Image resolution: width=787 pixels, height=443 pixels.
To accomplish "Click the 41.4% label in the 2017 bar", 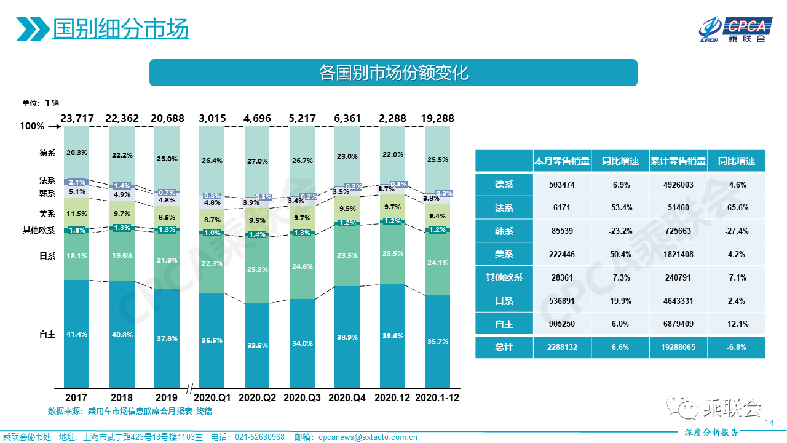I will [77, 335].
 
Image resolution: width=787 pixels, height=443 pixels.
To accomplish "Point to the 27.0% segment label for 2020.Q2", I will [257, 161].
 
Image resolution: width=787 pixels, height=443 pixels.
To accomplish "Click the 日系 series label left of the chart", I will [47, 256].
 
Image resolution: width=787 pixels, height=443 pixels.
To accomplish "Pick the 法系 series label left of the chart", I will [47, 181].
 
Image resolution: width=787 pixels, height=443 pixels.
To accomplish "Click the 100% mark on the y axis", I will [32, 126].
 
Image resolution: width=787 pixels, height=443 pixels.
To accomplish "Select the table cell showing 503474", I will [561, 185].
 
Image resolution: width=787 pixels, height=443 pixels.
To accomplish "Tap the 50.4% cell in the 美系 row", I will [620, 254].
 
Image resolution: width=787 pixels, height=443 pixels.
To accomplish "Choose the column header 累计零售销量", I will [678, 161].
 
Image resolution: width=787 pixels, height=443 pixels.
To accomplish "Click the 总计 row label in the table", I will [504, 347].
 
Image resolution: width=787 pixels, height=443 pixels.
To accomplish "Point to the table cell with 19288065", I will [678, 347].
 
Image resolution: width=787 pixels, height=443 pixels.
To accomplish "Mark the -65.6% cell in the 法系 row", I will [736, 208].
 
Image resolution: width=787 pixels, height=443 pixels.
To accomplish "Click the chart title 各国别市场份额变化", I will [393, 73].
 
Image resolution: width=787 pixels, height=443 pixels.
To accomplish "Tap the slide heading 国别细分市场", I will [120, 29].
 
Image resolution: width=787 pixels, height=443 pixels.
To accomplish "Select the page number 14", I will [768, 423].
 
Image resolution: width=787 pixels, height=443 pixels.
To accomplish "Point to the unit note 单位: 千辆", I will [41, 103].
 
